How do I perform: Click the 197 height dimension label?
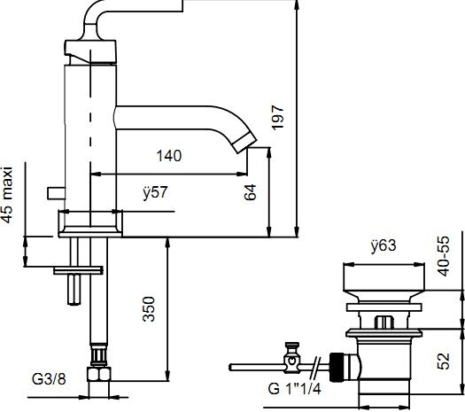[277, 118]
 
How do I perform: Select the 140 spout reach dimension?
[169, 156]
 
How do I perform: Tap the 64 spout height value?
[250, 192]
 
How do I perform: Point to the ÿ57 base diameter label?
[155, 192]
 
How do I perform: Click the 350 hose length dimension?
[149, 309]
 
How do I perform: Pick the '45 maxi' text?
[7, 195]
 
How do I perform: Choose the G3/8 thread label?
[49, 379]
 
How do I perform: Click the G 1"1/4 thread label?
[294, 389]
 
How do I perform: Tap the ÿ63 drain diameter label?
[384, 245]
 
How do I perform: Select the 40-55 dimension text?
[444, 256]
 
